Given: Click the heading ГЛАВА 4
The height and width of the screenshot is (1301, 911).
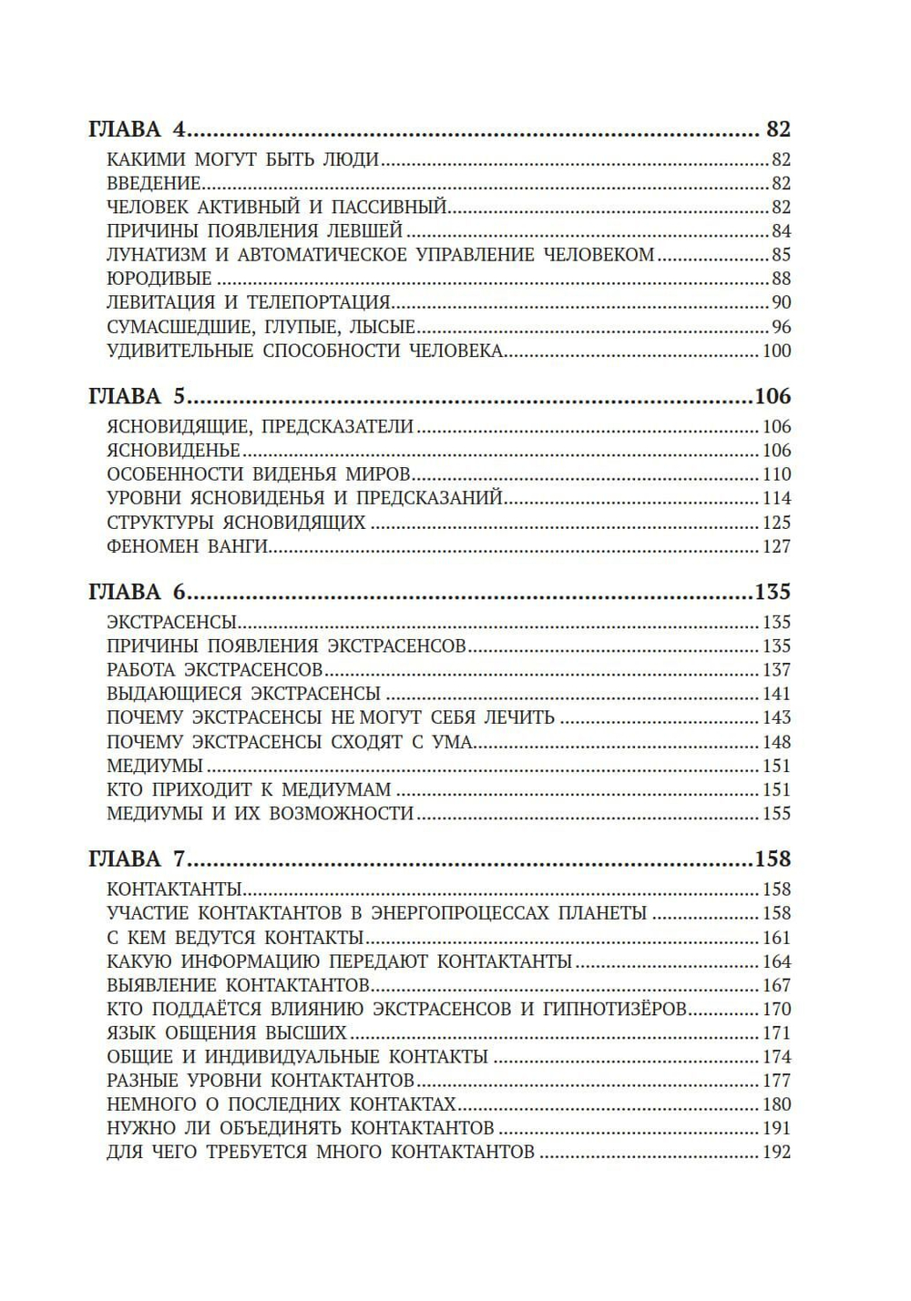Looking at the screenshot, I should click(x=137, y=129).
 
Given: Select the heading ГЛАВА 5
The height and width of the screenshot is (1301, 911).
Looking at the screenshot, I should click(x=137, y=397).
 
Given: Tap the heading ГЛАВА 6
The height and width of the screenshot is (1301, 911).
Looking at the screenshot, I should click(x=137, y=593).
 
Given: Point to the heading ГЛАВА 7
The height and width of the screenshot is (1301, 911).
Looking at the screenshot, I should click(x=137, y=859).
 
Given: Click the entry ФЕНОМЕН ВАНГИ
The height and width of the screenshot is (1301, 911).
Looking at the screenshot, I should click(x=187, y=546).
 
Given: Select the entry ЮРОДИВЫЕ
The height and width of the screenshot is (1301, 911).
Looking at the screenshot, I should click(x=159, y=279).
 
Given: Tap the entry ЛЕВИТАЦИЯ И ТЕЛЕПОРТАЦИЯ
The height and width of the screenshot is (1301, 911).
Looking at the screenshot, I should click(x=248, y=302).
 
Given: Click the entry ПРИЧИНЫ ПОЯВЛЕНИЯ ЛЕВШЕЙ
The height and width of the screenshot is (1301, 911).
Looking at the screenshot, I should click(x=254, y=231).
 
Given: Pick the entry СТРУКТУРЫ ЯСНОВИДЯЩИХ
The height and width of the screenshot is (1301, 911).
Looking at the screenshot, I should click(x=236, y=523).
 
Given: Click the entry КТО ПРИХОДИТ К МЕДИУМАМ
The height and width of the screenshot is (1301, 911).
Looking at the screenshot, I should click(x=249, y=789).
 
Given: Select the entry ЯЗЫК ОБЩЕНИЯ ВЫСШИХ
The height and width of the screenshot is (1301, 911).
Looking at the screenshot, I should click(x=227, y=1033).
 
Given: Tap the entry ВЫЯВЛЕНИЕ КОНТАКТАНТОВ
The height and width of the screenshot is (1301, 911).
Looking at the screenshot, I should click(x=238, y=985).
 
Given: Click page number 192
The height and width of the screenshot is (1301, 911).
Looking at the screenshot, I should click(x=776, y=1152).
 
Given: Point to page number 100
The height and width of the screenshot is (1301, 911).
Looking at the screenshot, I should click(x=776, y=351).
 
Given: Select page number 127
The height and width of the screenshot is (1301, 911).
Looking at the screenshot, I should click(x=776, y=546).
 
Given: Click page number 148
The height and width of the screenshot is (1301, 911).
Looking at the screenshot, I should click(x=776, y=742).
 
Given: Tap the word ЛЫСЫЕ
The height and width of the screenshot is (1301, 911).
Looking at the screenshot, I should click(x=382, y=327).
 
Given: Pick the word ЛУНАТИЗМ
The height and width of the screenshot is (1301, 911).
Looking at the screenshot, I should click(x=155, y=255).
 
